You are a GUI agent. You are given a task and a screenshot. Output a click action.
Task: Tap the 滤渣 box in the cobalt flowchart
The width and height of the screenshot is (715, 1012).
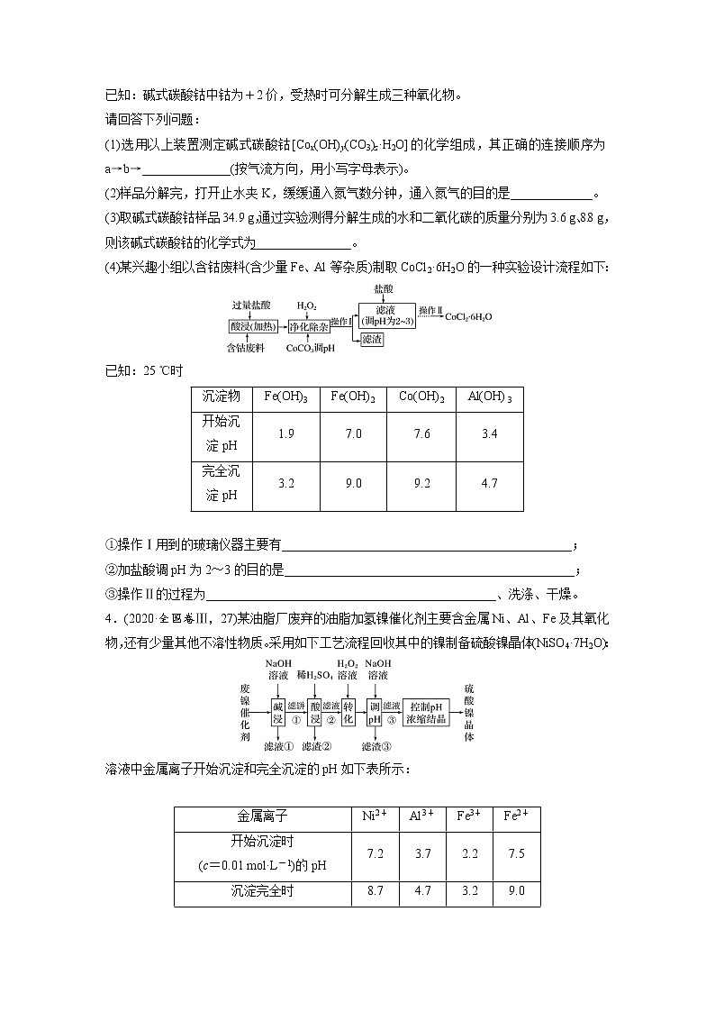click(372, 340)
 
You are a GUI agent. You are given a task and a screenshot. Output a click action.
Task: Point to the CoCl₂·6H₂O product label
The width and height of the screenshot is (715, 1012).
click(468, 316)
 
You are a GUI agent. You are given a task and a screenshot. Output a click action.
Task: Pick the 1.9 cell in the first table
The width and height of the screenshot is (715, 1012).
click(286, 433)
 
